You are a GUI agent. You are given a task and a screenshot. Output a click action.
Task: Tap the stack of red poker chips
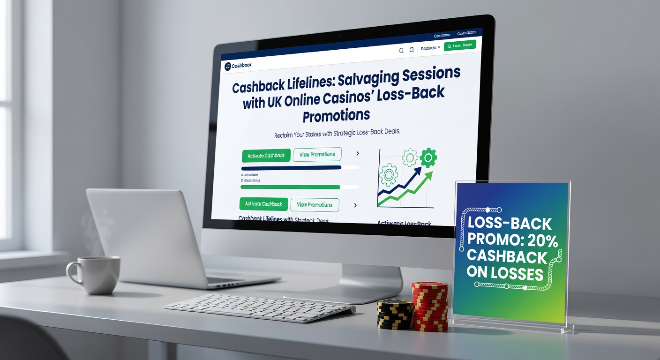pyautogui.click(x=429, y=307)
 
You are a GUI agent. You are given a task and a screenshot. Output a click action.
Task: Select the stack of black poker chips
pyautogui.click(x=394, y=314)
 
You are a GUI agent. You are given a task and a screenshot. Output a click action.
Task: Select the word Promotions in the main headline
pyautogui.click(x=336, y=115)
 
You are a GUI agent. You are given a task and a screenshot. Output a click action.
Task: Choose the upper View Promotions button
pyautogui.click(x=317, y=154)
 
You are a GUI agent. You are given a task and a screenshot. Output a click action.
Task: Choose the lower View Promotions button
pyautogui.click(x=315, y=205)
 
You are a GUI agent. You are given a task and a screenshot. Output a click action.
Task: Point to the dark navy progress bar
pyautogui.click(x=291, y=167)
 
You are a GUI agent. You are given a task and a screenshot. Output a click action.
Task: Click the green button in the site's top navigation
pyautogui.click(x=459, y=45)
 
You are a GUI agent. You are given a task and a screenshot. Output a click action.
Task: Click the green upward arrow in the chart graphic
pyautogui.click(x=408, y=190)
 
